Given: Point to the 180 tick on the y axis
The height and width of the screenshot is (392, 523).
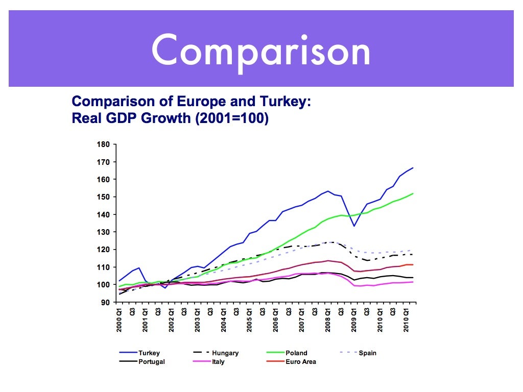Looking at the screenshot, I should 104,144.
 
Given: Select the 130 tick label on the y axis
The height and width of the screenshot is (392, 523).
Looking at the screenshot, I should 104,232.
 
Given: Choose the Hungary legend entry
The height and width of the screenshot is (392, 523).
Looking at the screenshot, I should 225,353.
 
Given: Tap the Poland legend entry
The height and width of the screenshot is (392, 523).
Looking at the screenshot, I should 296,353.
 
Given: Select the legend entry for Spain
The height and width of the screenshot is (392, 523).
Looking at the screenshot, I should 367,353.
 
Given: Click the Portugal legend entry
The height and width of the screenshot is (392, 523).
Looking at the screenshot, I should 152,362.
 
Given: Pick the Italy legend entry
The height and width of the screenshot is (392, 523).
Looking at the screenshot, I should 219,362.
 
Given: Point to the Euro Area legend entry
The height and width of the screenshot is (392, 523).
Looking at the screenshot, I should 301,362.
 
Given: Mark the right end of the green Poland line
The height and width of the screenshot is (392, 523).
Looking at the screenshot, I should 413,193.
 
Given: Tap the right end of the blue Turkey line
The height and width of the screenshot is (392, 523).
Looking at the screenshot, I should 413,168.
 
